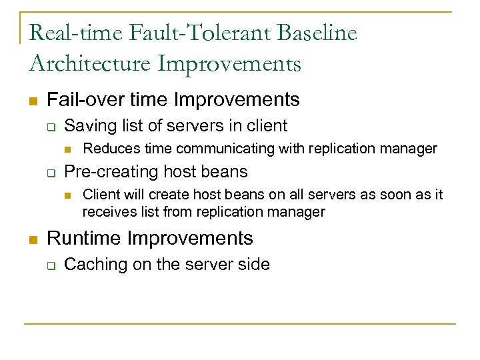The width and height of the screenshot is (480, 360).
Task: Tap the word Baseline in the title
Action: (x=323, y=33)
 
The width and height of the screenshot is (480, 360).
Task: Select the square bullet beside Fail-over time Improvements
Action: (x=32, y=101)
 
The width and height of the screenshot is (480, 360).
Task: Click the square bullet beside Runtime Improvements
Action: (x=32, y=239)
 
